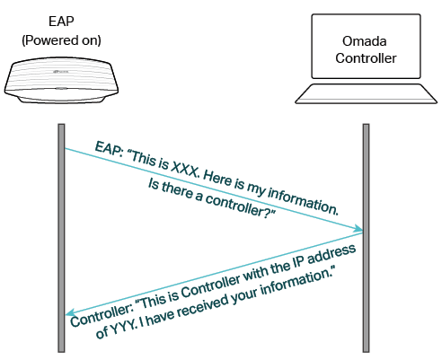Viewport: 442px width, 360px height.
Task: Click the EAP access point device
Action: (x=61, y=80)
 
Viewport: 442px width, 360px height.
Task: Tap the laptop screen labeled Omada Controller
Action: (x=366, y=46)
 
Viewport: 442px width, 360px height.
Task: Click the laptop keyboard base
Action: (x=366, y=93)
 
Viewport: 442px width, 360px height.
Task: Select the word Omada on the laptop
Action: (x=364, y=41)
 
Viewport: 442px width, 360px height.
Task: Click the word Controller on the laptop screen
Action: (x=366, y=58)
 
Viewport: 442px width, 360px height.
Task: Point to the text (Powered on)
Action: (x=61, y=40)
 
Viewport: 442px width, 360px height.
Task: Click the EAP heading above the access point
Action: (x=61, y=22)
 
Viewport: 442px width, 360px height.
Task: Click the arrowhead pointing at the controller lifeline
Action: (x=358, y=229)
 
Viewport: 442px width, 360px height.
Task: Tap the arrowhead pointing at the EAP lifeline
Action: (x=71, y=312)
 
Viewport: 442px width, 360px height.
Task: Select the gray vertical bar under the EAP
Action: (x=61, y=238)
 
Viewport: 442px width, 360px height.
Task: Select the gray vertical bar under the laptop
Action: (x=366, y=238)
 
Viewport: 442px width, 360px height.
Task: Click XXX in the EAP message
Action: (x=185, y=171)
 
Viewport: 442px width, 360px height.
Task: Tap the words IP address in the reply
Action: (x=324, y=256)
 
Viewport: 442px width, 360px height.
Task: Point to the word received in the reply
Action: (x=204, y=306)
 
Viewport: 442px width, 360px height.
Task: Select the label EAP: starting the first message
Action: (x=110, y=149)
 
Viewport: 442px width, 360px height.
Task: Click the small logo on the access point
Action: (x=61, y=72)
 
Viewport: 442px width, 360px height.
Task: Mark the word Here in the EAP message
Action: (x=218, y=180)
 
